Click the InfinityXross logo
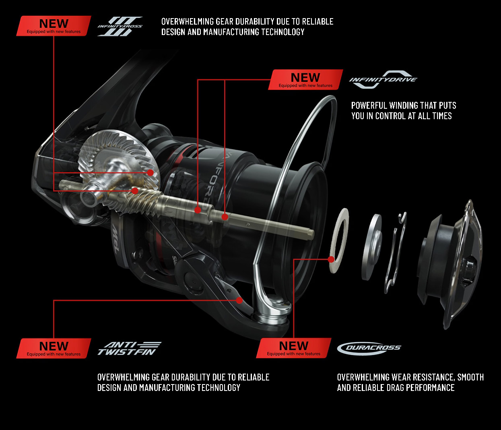(x=120, y=27)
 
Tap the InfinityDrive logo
(x=383, y=80)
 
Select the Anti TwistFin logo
(x=129, y=349)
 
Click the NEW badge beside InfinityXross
(x=54, y=26)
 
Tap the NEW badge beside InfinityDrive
(x=305, y=80)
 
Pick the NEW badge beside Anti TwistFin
(x=54, y=348)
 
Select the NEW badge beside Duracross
(x=293, y=348)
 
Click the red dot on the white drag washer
(x=332, y=259)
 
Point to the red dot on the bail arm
(x=239, y=300)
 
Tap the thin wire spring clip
(x=395, y=254)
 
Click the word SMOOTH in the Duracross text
(x=470, y=377)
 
